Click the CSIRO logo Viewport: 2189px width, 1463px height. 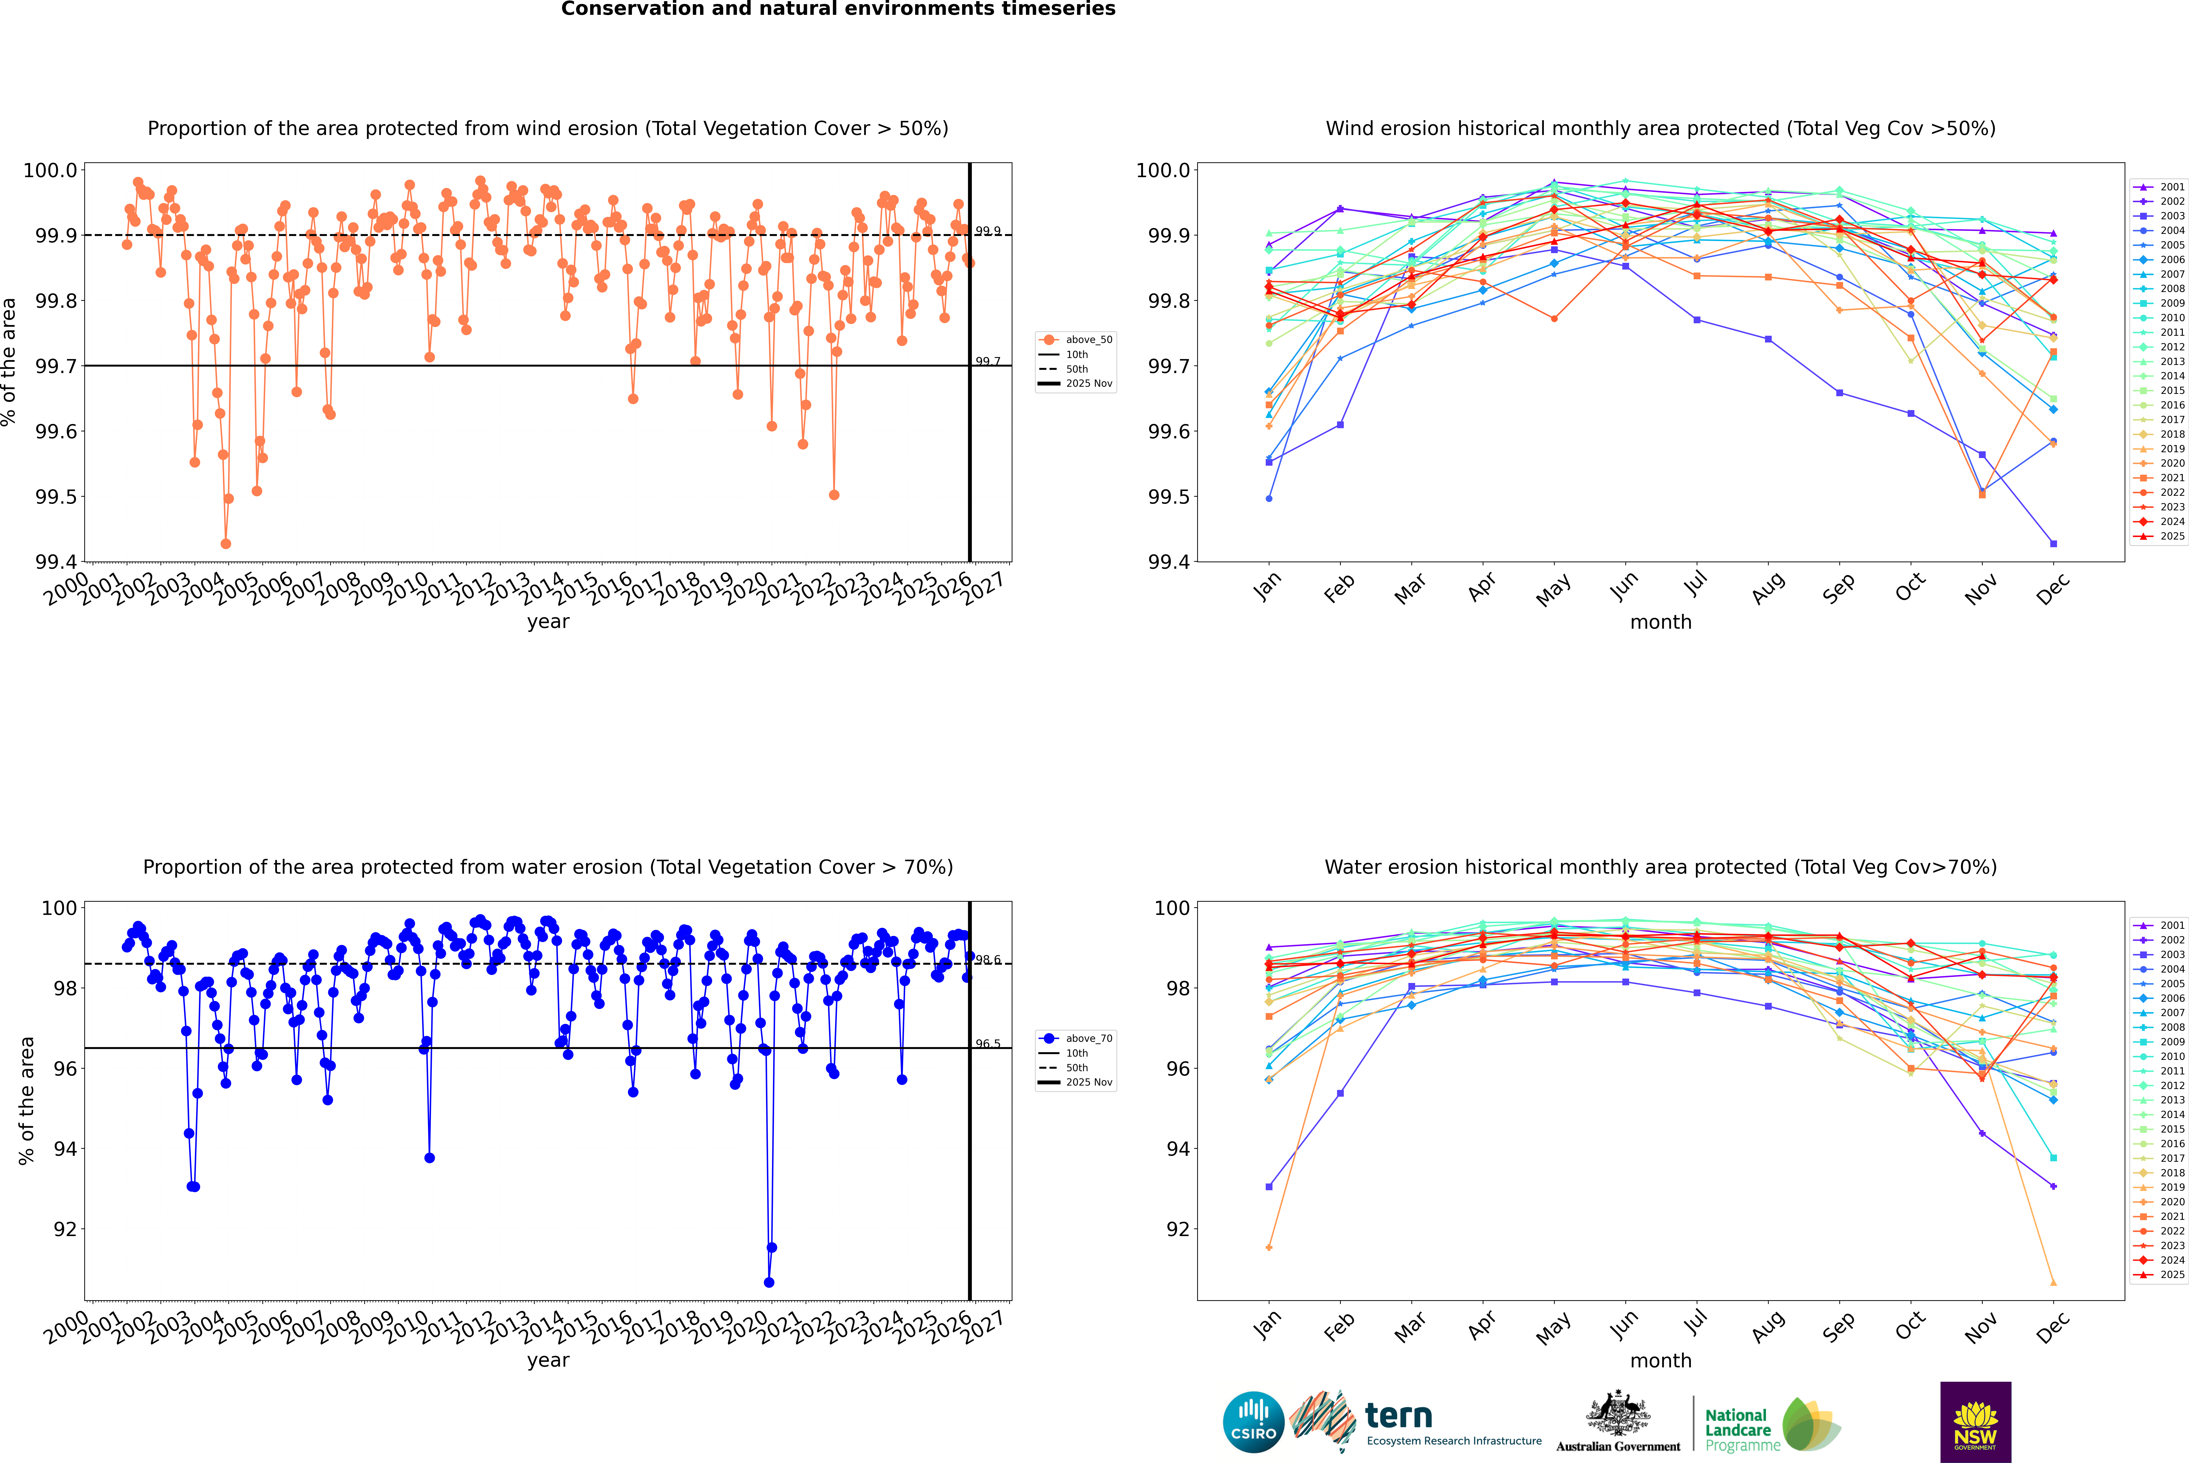pos(1253,1422)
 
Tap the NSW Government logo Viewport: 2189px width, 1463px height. pos(1975,1422)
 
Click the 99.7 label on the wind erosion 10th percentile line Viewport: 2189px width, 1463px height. pos(987,361)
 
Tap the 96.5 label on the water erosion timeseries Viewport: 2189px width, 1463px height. pos(987,1044)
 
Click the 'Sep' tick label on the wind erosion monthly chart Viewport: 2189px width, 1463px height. pos(1838,588)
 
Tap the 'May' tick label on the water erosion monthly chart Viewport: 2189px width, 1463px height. pos(1553,1327)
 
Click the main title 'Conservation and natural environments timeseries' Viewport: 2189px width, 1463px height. pos(838,9)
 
